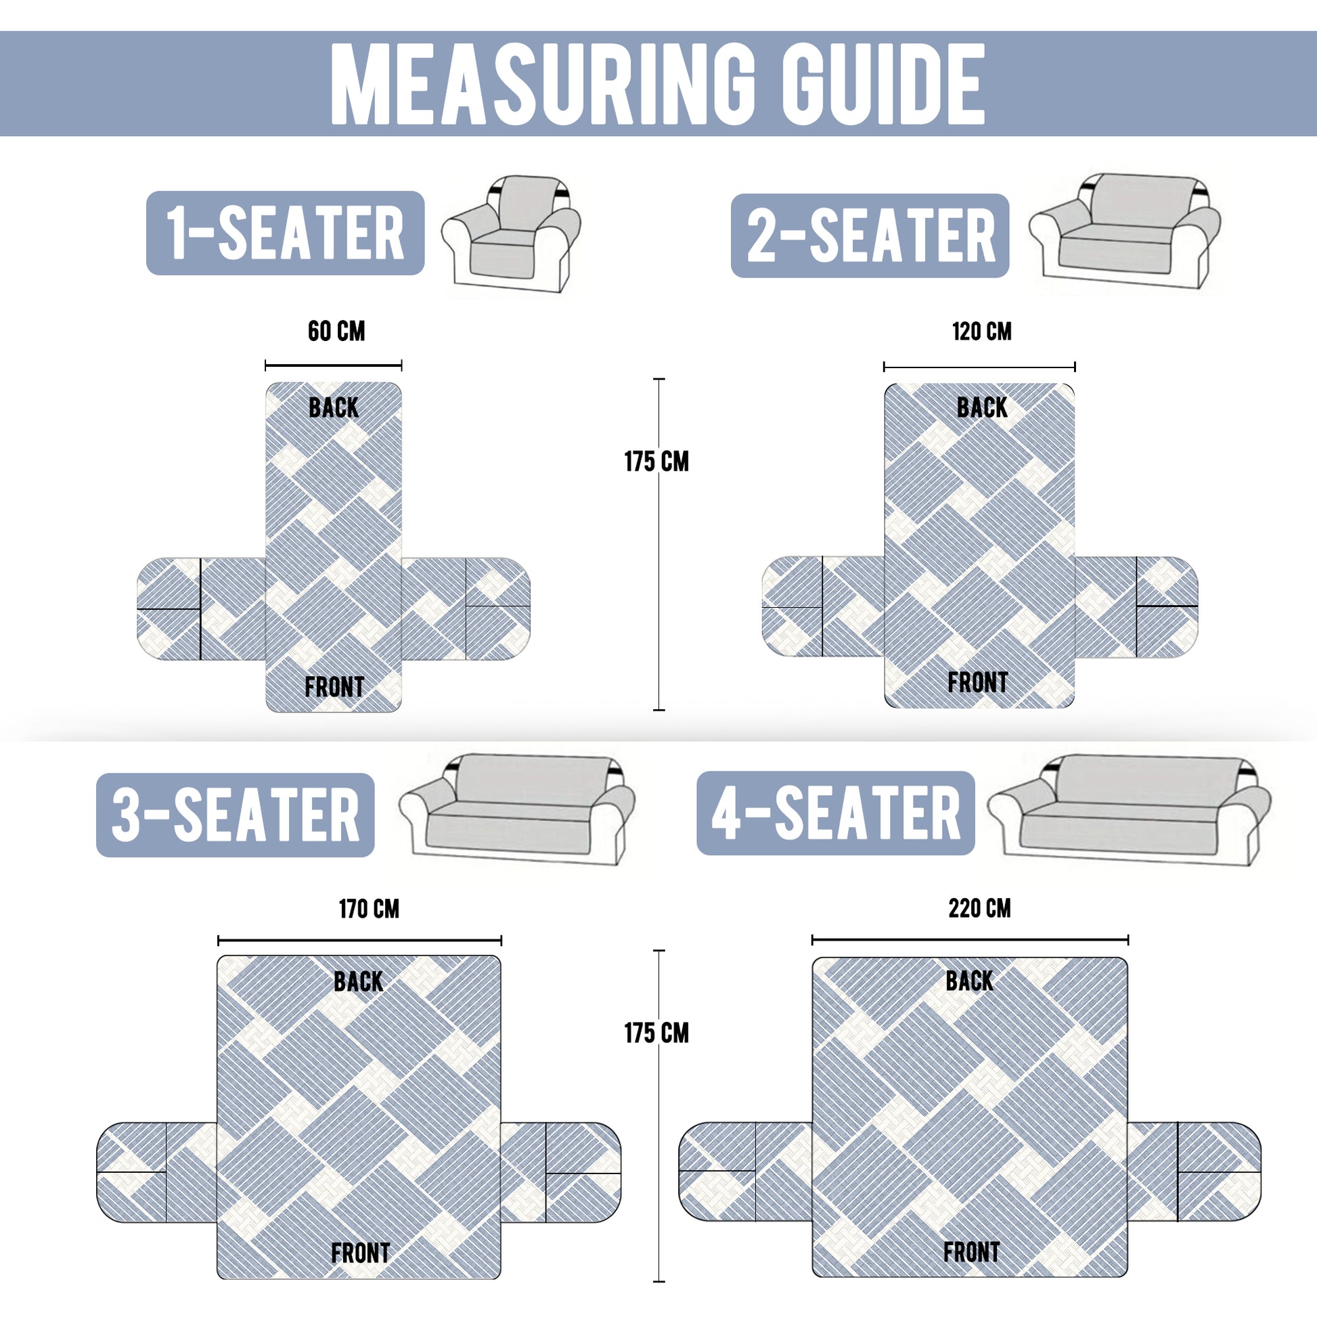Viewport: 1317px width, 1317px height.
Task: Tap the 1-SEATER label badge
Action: click(x=285, y=233)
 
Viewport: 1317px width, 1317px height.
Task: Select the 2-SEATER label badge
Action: click(x=870, y=236)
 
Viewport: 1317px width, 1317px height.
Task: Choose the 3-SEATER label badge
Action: click(x=236, y=815)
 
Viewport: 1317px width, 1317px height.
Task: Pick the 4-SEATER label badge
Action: click(x=836, y=813)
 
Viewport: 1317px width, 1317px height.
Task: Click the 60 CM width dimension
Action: click(x=336, y=332)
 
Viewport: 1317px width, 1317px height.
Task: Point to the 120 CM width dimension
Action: click(x=981, y=332)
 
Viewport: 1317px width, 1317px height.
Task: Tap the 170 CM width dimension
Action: click(x=369, y=909)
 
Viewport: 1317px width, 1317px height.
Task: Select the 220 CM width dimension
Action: click(x=979, y=908)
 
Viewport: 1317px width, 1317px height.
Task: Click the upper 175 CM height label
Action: click(x=656, y=462)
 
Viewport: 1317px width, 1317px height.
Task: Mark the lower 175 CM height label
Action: click(x=656, y=1033)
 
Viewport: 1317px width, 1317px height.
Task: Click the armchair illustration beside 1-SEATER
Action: click(x=511, y=233)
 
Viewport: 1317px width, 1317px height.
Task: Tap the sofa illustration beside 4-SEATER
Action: click(x=1129, y=810)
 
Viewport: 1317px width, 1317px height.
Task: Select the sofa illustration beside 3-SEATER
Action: click(x=516, y=809)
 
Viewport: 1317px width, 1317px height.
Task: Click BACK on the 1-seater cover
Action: click(x=334, y=407)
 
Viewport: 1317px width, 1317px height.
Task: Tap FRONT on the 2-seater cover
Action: click(x=977, y=682)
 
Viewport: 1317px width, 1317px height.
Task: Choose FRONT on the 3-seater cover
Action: click(x=361, y=1253)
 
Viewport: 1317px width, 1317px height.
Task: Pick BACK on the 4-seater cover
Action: click(x=969, y=981)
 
